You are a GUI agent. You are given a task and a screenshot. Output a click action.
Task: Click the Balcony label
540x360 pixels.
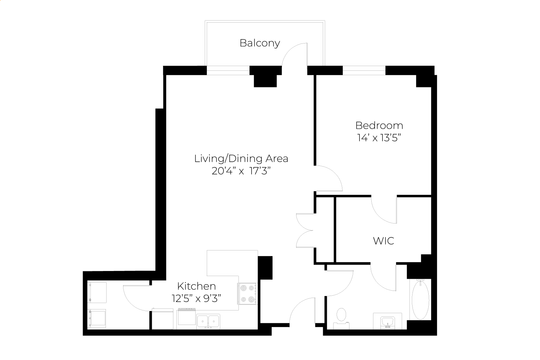click(260, 43)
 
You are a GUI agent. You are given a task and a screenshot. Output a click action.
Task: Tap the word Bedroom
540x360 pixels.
click(379, 125)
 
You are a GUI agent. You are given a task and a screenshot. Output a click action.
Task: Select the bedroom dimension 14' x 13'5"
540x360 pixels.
click(379, 138)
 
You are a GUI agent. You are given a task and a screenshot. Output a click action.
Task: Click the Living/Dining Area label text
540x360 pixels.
click(241, 159)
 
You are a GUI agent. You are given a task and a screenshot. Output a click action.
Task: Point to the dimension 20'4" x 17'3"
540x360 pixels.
click(241, 171)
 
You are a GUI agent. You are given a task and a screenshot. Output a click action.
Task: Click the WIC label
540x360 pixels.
click(383, 241)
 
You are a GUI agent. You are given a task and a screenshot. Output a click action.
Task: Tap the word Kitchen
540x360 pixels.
click(197, 286)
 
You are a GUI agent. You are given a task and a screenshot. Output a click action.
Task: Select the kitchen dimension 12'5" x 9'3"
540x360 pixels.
click(196, 299)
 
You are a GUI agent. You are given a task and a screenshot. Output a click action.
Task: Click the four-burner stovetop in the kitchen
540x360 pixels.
click(248, 294)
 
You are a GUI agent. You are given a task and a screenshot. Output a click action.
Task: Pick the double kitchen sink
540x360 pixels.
click(208, 322)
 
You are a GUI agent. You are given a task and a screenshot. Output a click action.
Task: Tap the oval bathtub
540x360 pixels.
click(420, 300)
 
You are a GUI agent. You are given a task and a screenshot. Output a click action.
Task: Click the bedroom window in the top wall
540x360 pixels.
click(364, 70)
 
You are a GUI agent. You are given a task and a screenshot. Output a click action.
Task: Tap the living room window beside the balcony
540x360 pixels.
click(228, 70)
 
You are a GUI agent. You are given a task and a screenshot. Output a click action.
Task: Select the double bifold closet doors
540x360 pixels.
click(304, 231)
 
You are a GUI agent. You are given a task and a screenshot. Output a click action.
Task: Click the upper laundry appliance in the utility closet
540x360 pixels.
click(97, 293)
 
